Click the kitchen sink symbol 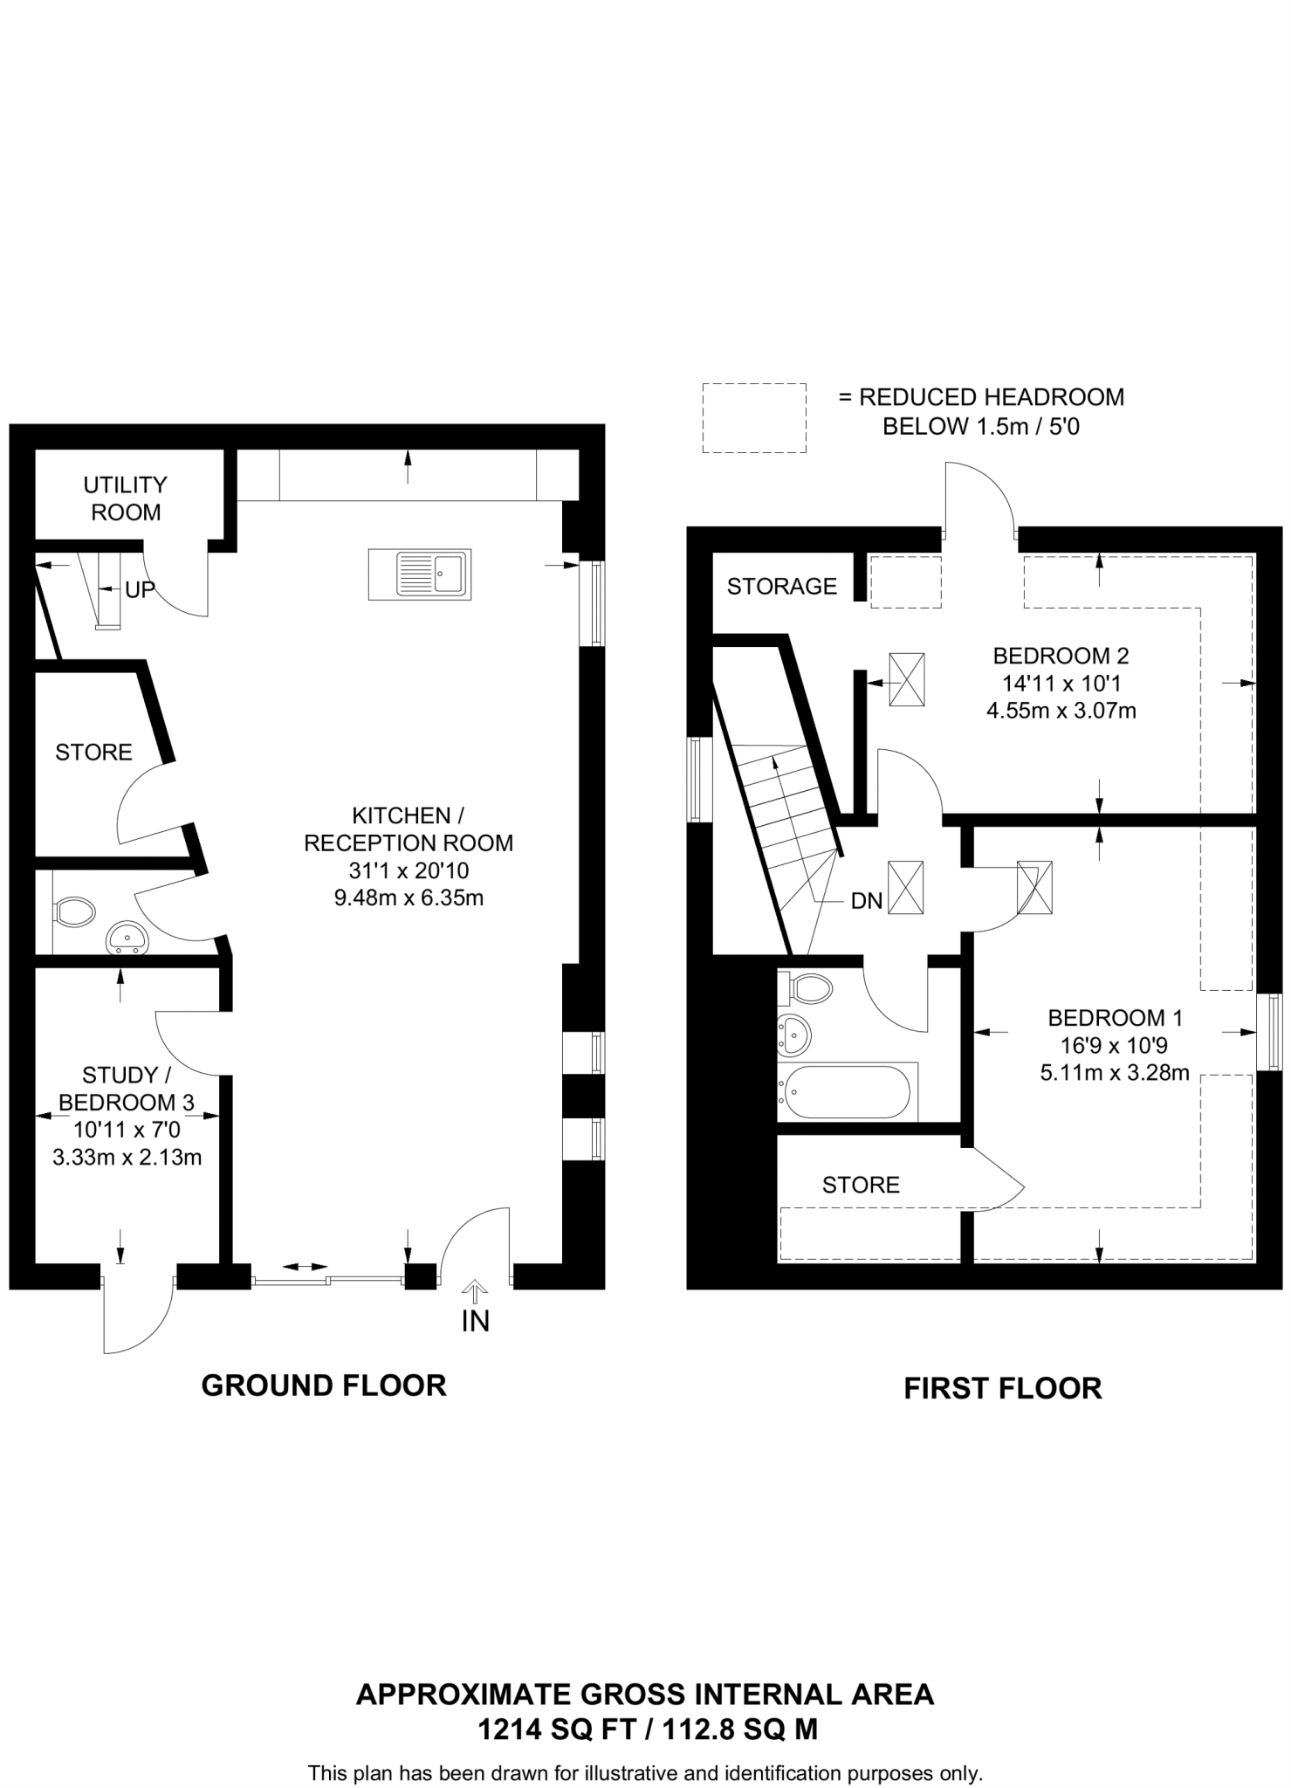click(x=420, y=574)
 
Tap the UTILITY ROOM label click(x=126, y=499)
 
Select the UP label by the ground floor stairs click(x=140, y=590)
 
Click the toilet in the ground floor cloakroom click(x=75, y=912)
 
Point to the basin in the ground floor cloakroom click(x=127, y=940)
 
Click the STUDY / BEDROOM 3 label click(x=120, y=1088)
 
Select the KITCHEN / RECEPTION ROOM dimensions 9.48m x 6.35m click(x=409, y=897)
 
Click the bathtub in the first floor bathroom click(x=847, y=1091)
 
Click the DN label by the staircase click(x=867, y=901)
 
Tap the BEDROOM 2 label click(x=1061, y=655)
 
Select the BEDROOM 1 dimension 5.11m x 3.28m click(x=1115, y=1073)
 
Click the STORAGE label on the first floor click(x=782, y=587)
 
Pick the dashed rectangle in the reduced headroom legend click(x=754, y=417)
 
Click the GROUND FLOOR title click(x=324, y=1386)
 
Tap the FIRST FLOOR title click(x=1002, y=1388)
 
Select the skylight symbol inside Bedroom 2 click(x=907, y=679)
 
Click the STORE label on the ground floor click(x=93, y=753)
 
